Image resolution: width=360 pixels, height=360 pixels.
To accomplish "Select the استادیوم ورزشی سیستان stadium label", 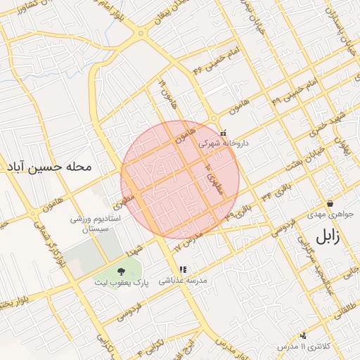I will pos(96,225).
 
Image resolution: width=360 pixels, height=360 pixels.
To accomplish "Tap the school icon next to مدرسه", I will pos(183,269).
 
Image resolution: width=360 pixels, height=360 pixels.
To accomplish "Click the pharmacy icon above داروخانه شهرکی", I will pos(224,132).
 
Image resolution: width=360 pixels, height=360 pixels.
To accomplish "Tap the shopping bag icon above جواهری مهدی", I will pos(330,204).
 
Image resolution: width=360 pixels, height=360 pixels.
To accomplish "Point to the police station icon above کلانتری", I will pos(303,336).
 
